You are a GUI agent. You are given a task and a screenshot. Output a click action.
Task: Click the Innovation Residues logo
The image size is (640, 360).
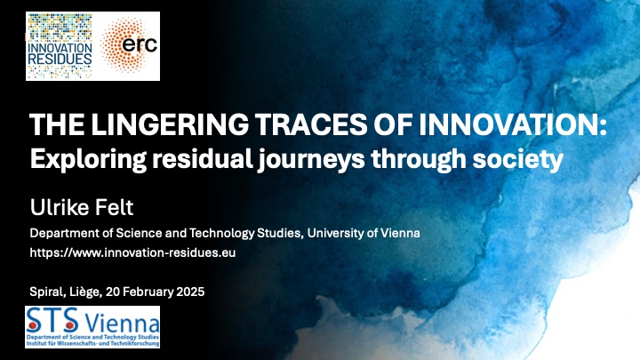pyautogui.click(x=60, y=46)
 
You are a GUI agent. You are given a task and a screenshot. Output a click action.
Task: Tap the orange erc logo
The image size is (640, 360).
pyautogui.click(x=129, y=45)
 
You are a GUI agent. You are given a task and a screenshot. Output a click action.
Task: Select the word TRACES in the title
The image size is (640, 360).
pyautogui.click(x=311, y=124)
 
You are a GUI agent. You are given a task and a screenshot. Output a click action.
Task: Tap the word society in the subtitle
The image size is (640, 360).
pyautogui.click(x=518, y=160)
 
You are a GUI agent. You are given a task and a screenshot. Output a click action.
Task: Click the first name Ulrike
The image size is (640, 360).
pyautogui.click(x=57, y=207)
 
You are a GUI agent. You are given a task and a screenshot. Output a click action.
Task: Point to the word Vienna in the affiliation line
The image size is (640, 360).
pyautogui.click(x=400, y=233)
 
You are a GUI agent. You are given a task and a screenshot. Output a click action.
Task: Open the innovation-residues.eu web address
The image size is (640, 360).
pyautogui.click(x=132, y=252)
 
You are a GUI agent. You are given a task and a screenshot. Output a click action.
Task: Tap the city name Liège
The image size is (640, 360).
pyautogui.click(x=85, y=292)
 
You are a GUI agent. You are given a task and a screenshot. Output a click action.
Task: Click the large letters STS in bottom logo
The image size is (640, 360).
pyautogui.click(x=52, y=320)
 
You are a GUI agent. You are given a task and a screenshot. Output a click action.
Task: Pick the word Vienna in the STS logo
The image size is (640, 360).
pyautogui.click(x=122, y=324)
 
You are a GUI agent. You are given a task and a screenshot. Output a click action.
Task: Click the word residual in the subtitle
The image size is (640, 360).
pyautogui.click(x=202, y=159)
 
